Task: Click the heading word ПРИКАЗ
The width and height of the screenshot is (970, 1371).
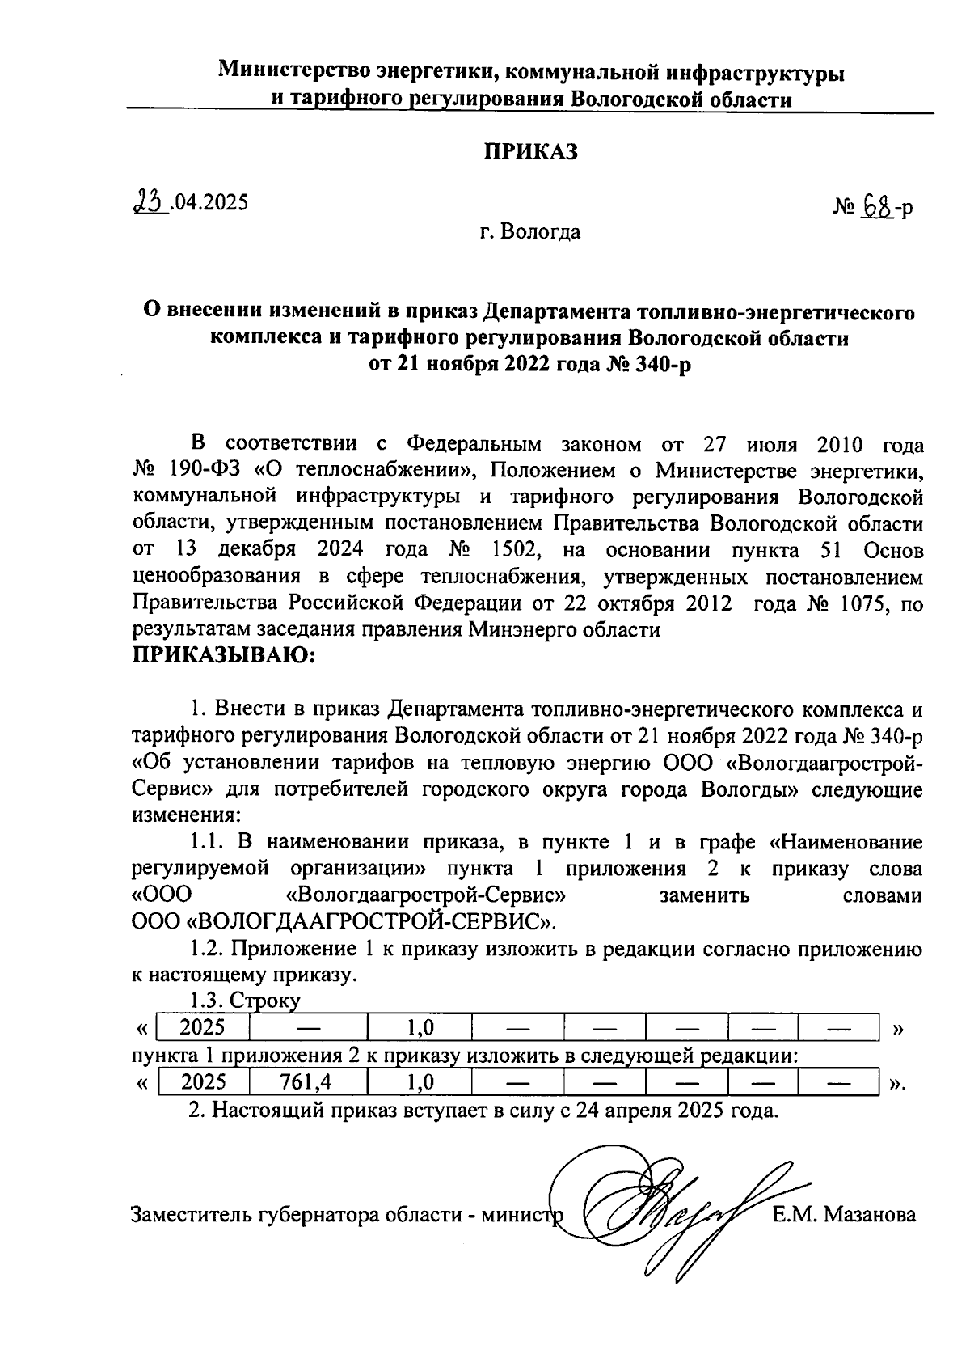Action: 530,152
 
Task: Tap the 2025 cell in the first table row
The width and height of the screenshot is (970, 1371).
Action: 202,1028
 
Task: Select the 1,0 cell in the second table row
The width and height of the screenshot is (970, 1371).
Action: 420,1082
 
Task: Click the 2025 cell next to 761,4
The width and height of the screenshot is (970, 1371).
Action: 204,1082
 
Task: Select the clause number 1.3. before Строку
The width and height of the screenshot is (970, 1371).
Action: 207,1001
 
